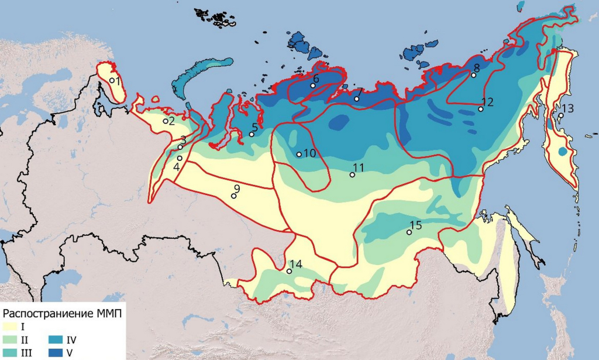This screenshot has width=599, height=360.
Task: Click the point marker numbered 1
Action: (x=112, y=80)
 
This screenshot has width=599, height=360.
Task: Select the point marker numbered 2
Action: (x=166, y=121)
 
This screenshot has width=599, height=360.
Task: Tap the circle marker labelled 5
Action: (x=252, y=135)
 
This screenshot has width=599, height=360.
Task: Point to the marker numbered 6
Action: (x=313, y=85)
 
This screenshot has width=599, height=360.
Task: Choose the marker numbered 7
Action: (x=357, y=98)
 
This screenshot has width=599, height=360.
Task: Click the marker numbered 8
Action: (x=473, y=75)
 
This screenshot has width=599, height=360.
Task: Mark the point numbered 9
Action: (x=233, y=196)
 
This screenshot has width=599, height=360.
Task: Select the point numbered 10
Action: (x=299, y=155)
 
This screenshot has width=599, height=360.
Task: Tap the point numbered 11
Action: (x=352, y=174)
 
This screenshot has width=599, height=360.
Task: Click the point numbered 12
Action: (x=480, y=109)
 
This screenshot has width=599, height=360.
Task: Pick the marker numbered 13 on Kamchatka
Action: (x=560, y=115)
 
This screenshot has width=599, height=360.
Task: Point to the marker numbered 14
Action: (x=289, y=271)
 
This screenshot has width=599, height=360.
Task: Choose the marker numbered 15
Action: (x=409, y=232)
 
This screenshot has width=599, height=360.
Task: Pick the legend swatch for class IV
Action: (x=57, y=339)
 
